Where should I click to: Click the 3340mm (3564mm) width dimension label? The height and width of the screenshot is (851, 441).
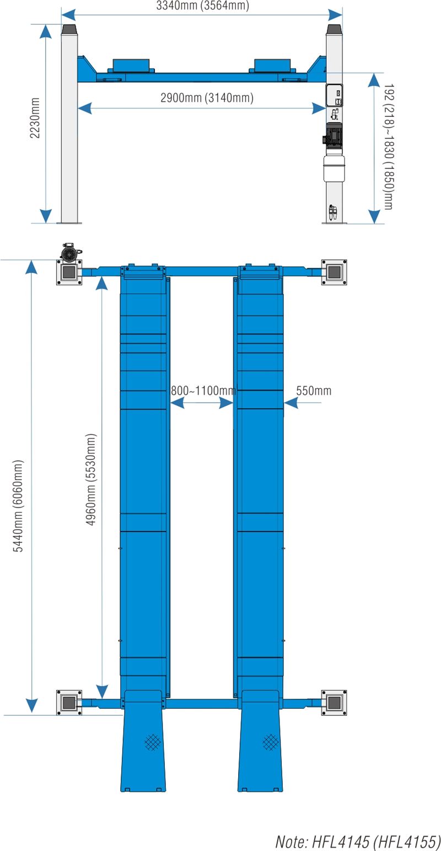(x=203, y=6)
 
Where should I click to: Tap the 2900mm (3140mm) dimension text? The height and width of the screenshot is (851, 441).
(x=207, y=98)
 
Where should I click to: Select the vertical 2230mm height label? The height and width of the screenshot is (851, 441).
(x=35, y=117)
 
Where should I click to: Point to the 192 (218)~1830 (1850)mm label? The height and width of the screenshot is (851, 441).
(x=389, y=147)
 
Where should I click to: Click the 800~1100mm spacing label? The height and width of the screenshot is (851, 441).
(x=203, y=391)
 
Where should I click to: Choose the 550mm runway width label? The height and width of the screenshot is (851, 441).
(x=314, y=391)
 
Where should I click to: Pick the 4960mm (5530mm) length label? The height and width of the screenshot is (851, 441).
(x=91, y=479)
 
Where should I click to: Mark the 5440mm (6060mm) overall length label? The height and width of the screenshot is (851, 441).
(x=18, y=506)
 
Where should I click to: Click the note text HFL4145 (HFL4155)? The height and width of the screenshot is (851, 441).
(x=358, y=842)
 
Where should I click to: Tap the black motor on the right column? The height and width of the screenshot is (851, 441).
(x=334, y=135)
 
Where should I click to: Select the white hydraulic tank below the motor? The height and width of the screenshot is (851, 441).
(x=334, y=168)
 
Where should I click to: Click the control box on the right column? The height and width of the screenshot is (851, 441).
(x=334, y=95)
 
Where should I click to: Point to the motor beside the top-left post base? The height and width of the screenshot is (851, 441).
(x=69, y=252)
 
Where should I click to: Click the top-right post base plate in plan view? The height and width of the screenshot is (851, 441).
(x=334, y=271)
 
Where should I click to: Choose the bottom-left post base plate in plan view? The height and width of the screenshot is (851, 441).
(x=69, y=702)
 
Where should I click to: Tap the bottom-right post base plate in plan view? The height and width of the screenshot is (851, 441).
(x=334, y=702)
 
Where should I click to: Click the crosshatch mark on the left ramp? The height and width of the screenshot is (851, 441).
(x=153, y=742)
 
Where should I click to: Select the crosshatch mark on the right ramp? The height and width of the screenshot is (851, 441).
(x=270, y=742)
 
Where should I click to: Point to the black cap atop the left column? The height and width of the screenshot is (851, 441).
(x=69, y=29)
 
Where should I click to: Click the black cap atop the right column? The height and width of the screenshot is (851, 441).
(x=334, y=29)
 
